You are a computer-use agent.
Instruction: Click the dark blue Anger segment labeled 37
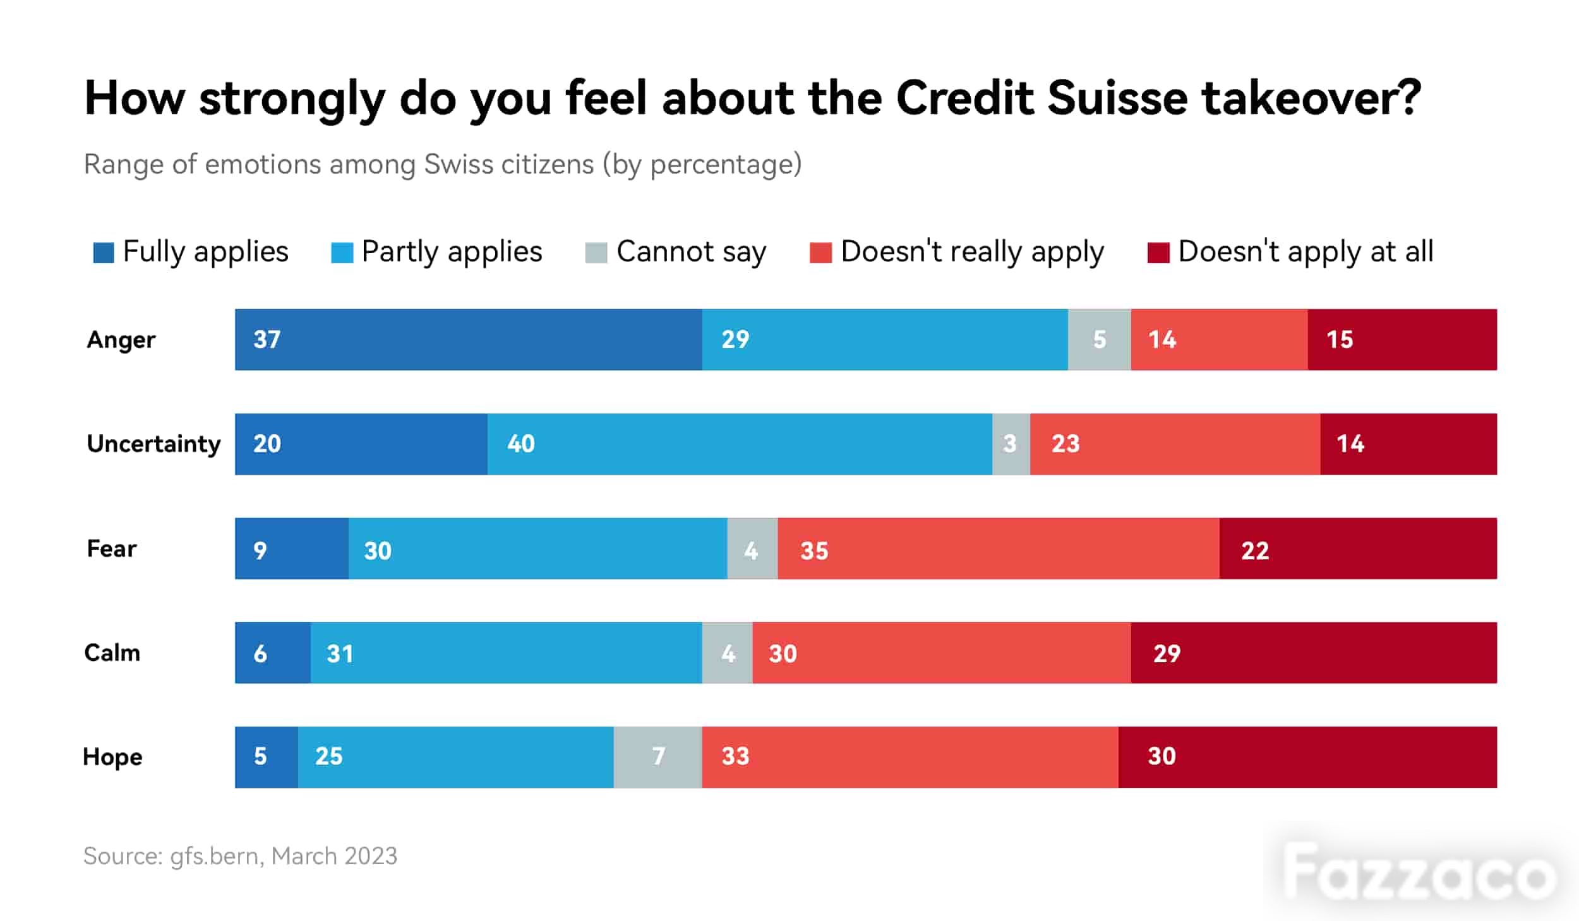[468, 340]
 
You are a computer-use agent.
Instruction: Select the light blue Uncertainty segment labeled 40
[740, 444]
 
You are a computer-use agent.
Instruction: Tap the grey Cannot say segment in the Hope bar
[657, 757]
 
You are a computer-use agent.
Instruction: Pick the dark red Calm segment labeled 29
[1314, 653]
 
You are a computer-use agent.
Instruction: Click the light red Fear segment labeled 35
[999, 549]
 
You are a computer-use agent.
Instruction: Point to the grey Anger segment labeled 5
[1099, 340]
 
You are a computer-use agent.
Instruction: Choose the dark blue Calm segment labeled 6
[273, 653]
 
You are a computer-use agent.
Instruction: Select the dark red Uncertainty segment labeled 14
[1408, 444]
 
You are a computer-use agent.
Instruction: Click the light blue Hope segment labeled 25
[456, 757]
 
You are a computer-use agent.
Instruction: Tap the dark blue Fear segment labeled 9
[292, 549]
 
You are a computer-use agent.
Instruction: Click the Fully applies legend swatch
[104, 253]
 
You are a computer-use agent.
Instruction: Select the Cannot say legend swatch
[596, 253]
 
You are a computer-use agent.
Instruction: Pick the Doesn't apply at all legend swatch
[1158, 253]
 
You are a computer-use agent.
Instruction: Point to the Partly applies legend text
[452, 252]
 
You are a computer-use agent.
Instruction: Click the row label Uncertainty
[153, 444]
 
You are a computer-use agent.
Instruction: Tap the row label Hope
[112, 757]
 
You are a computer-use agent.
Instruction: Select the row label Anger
[121, 340]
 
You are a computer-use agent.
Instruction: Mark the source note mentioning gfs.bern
[240, 856]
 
